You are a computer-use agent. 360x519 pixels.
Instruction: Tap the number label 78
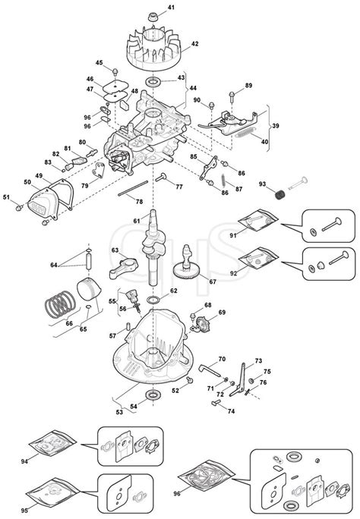coord(138,201)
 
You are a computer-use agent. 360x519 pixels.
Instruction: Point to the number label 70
coord(222,358)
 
